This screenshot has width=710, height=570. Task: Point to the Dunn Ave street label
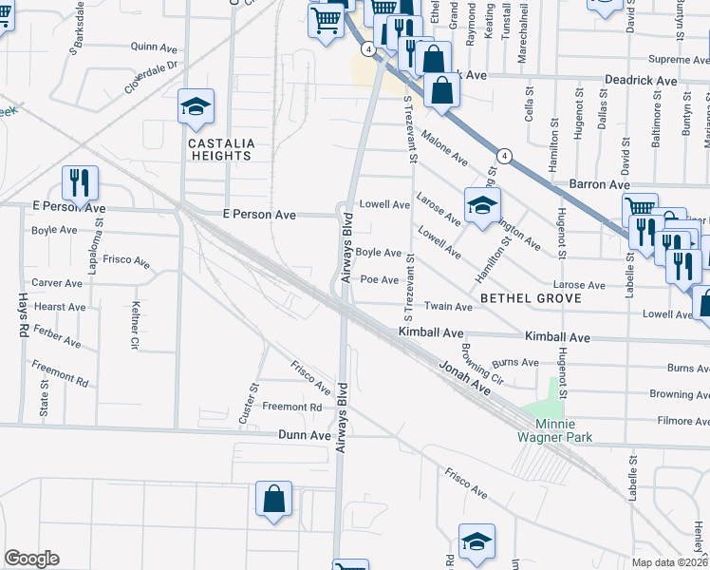pyautogui.click(x=304, y=434)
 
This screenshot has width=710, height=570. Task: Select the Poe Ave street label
pyautogui.click(x=380, y=279)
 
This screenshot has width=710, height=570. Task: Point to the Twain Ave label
pyautogui.click(x=448, y=307)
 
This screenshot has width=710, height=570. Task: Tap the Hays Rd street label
pyautogui.click(x=22, y=315)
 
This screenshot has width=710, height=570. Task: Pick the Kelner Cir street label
pyautogui.click(x=135, y=323)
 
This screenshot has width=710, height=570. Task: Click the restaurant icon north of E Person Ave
pyautogui.click(x=80, y=181)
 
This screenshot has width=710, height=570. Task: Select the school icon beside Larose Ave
pyautogui.click(x=481, y=203)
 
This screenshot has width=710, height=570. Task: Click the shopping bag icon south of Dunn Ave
pyautogui.click(x=272, y=500)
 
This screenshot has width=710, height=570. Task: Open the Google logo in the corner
pyautogui.click(x=31, y=559)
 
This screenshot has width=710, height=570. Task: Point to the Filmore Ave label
pyautogui.click(x=676, y=420)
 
